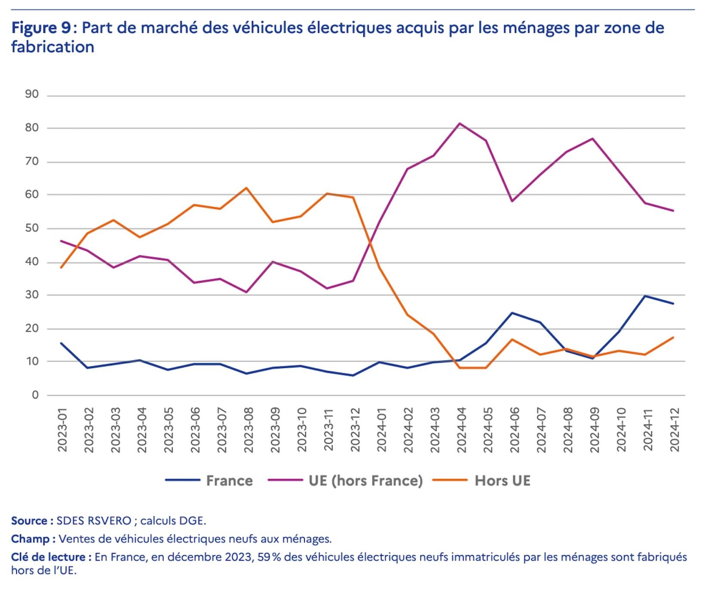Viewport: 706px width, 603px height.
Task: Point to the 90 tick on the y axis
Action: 32,94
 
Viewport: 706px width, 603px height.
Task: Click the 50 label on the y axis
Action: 32,228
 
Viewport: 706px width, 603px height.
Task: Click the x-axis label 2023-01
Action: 62,430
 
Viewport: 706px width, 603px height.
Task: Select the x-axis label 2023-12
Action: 355,430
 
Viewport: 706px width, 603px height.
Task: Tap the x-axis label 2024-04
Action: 461,430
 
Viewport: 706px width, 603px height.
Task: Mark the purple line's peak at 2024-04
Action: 460,124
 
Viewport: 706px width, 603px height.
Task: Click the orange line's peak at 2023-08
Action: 246,188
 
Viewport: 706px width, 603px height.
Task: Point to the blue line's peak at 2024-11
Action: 645,296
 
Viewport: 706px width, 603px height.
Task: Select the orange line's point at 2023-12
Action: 353,198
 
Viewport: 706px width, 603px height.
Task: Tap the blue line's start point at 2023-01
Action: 61,343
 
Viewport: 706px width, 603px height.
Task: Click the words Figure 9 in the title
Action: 40,28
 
